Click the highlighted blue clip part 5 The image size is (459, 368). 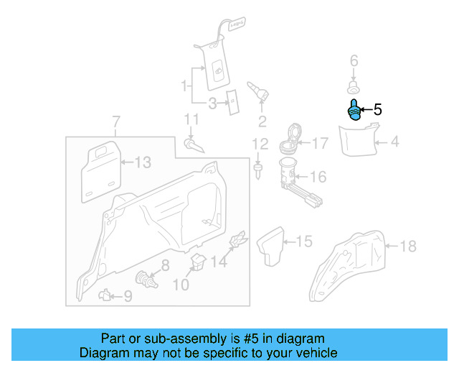click(353, 111)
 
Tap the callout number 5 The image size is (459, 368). click(377, 110)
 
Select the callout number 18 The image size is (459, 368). click(407, 247)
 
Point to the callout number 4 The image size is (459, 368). click(394, 142)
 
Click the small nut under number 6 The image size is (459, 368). click(353, 87)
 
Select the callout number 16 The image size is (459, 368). click(318, 177)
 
